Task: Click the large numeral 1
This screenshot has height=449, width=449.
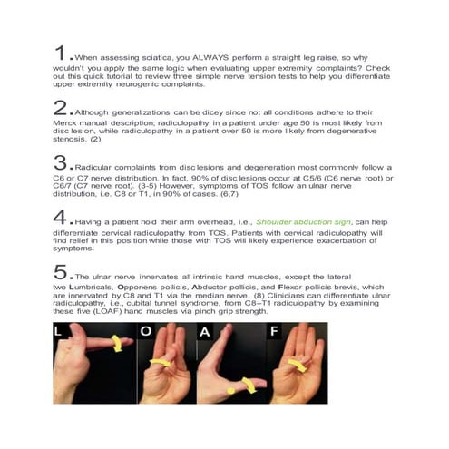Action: click(59, 50)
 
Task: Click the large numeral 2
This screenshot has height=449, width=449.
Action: click(61, 108)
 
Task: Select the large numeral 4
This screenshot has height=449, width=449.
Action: click(61, 217)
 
